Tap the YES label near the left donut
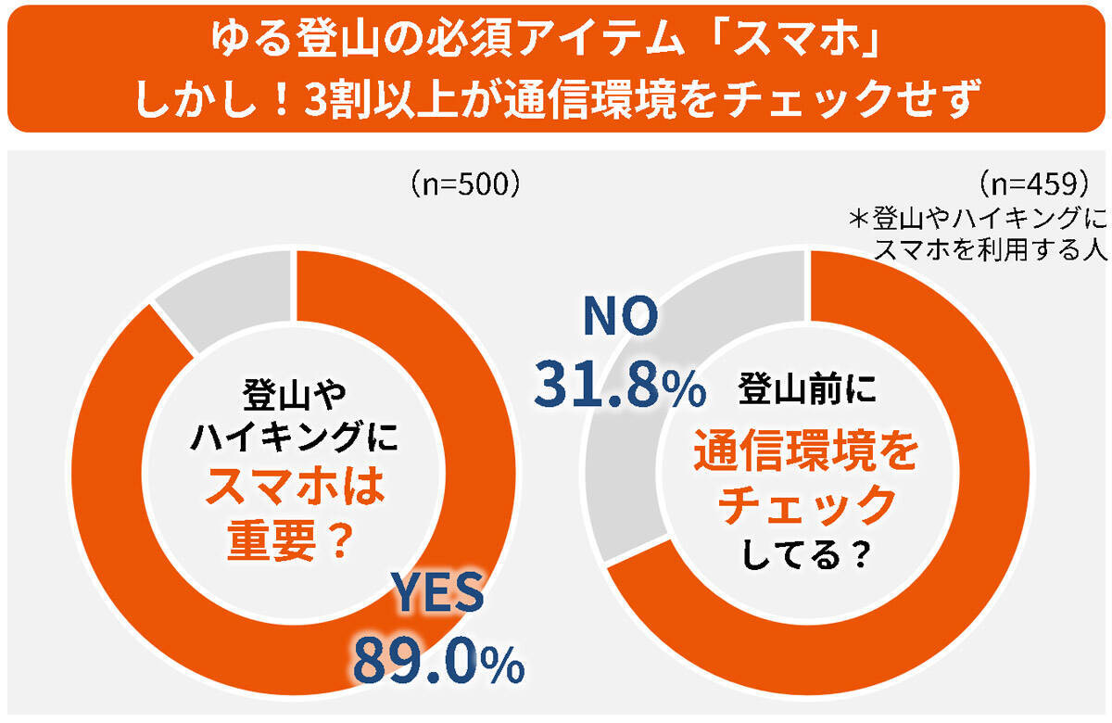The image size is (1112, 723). point(435,593)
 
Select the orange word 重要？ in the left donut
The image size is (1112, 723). point(289,540)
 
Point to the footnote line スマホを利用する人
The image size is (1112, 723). point(992,251)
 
